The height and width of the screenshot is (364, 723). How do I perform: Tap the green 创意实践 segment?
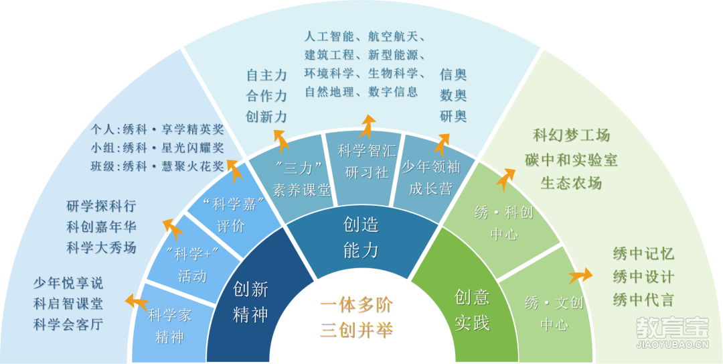click(471, 305)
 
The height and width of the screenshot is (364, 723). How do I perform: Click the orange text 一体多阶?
click(356, 305)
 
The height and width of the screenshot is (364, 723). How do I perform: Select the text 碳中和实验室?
click(571, 160)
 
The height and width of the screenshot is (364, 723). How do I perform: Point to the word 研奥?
click(453, 116)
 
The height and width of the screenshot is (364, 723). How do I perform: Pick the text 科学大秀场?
click(102, 247)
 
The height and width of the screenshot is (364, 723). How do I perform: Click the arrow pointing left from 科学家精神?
click(137, 302)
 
